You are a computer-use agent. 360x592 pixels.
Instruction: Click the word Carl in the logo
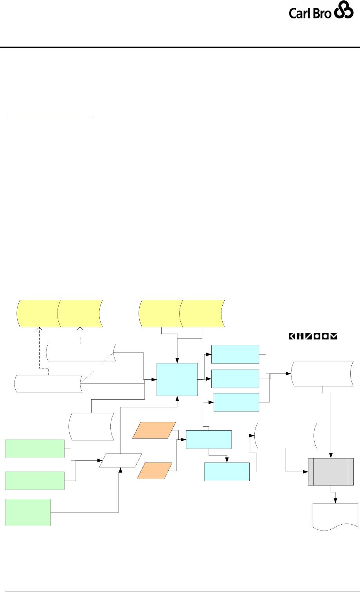[x=299, y=14]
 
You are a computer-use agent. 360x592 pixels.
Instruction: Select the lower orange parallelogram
[x=154, y=471]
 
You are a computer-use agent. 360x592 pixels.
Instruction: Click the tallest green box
[x=28, y=512]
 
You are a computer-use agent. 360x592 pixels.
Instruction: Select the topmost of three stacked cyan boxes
[x=235, y=354]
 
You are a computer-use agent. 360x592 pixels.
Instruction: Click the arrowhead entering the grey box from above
[x=331, y=455]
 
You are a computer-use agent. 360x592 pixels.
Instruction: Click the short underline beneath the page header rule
[x=51, y=116]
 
